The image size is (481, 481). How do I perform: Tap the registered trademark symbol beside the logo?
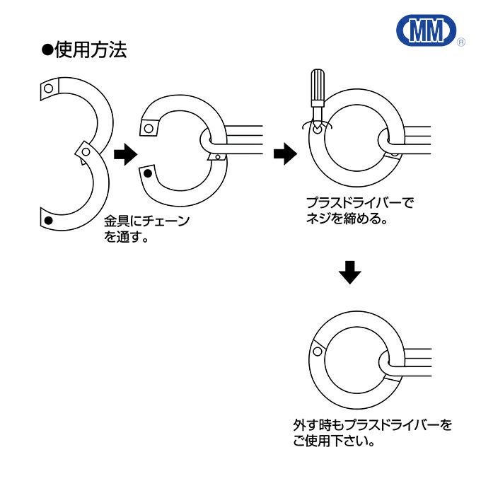click(460, 43)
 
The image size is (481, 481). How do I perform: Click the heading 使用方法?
click(91, 51)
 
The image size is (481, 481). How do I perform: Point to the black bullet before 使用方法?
click(47, 51)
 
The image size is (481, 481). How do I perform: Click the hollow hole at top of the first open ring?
click(47, 88)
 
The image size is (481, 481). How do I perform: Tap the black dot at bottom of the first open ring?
click(47, 221)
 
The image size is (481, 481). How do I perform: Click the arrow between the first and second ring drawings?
click(124, 153)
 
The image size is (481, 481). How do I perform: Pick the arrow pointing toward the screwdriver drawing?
click(284, 152)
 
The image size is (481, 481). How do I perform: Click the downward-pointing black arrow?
click(349, 272)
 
